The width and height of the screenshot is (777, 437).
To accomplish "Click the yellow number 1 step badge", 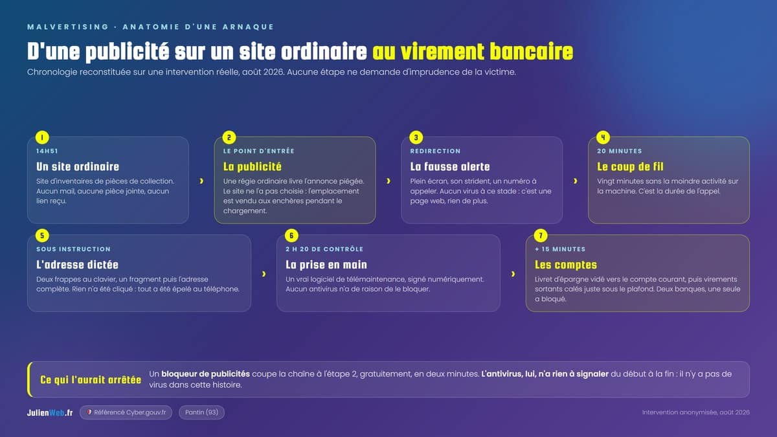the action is pos(42,137).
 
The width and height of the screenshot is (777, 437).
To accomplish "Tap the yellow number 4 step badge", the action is pos(603,137).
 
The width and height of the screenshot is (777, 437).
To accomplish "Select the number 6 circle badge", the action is pos(291,236).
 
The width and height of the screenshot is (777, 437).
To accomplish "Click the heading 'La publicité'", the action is pos(252,167).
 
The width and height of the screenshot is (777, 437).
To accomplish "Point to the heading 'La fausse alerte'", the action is pos(450,167).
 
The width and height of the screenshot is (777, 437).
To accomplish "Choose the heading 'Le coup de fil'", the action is pos(630,167).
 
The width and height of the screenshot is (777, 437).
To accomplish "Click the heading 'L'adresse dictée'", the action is pos(77,265).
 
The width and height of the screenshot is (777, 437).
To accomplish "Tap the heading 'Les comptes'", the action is pos(566,265).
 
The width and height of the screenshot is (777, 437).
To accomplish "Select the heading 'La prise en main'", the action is pos(326,265).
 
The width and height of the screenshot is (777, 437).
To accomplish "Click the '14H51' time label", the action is pos(47,151).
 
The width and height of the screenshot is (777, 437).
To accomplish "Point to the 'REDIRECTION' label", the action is pos(435,151).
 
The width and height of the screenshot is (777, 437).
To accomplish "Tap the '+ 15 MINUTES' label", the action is pos(560,249).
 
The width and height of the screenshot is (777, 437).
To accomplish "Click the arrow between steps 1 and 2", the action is pos(201,181).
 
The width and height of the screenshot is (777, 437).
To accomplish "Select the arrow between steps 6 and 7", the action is pos(513,274).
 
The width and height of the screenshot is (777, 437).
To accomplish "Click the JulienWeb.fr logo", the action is pos(50,413).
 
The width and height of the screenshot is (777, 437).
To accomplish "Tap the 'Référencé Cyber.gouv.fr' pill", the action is pos(126,412).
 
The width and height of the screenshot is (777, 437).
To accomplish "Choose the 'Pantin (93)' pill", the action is pos(201,412).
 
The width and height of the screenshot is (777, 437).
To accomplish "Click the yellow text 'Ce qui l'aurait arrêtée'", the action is pos(91,380).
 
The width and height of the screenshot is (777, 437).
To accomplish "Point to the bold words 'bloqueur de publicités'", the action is pos(205,374).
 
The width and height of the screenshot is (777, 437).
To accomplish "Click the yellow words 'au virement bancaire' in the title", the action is pos(473,52).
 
